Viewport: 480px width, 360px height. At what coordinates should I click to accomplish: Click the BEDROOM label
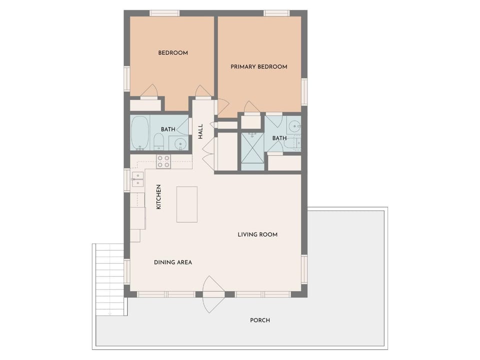point(173,53)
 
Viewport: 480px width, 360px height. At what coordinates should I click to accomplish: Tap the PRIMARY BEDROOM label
point(259,66)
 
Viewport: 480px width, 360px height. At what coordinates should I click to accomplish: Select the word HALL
point(200,131)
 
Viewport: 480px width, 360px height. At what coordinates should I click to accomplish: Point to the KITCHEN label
point(158,197)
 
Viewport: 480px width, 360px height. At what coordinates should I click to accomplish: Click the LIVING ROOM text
point(258,234)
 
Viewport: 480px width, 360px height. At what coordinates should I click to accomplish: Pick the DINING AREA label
point(173,262)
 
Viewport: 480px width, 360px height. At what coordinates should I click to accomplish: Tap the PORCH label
point(260,320)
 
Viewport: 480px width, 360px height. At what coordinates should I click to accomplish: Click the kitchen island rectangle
point(186,204)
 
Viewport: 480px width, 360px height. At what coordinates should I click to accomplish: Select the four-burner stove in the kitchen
point(163,161)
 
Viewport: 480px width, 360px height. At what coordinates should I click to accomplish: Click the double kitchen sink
point(138,179)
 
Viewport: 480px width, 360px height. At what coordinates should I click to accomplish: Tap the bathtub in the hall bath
point(140,133)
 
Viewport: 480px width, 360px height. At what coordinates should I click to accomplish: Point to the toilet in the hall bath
point(159,141)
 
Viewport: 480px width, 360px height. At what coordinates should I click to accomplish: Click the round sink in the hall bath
point(180,143)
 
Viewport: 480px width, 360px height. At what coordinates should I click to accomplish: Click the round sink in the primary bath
point(294,126)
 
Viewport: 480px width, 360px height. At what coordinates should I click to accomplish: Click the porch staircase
point(109,279)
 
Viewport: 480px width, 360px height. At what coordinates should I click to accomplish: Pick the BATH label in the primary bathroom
point(279,138)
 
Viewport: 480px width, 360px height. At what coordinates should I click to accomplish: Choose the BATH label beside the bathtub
point(168,129)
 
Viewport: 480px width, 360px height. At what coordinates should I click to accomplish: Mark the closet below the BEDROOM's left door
point(145,105)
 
